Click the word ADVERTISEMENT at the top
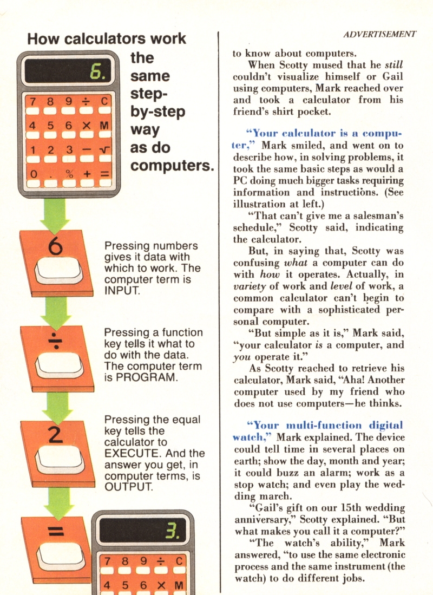point(379,35)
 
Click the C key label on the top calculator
point(104,101)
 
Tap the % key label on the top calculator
point(69,174)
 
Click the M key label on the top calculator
point(104,126)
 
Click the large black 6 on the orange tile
point(56,246)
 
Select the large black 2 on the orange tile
point(56,435)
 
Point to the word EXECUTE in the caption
point(133,454)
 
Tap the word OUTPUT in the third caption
point(129,487)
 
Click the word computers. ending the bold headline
point(172,166)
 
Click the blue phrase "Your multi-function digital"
point(325,426)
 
